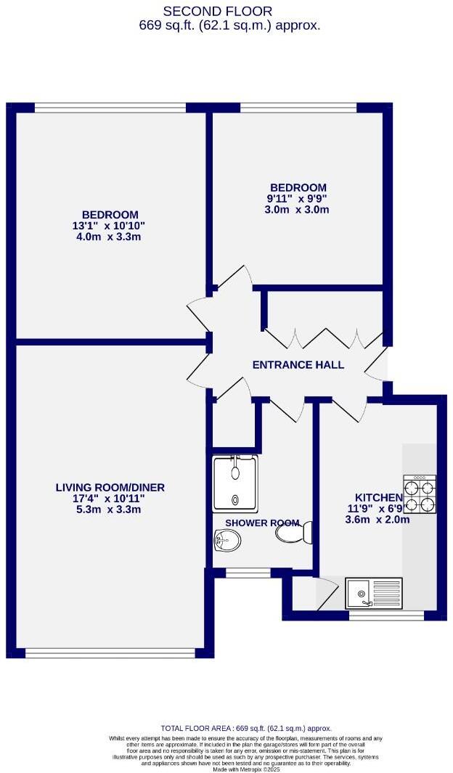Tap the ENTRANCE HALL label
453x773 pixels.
point(298,365)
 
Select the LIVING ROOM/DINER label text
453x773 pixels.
point(110,487)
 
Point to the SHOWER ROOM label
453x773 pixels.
point(252,523)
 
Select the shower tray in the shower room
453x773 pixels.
point(234,482)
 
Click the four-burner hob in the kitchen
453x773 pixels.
point(420,494)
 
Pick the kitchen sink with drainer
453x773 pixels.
point(373,593)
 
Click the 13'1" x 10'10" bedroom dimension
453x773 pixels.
point(110,226)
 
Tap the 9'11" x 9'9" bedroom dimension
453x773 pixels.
point(297,199)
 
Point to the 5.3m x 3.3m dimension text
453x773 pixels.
point(110,510)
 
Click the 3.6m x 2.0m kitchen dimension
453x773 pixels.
point(377,519)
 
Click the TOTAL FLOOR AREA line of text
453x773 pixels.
point(245,728)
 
